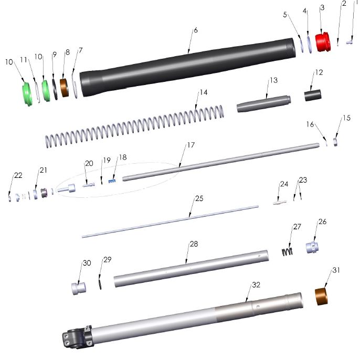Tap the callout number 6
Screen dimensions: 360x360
(x=195, y=30)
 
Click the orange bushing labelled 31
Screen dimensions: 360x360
(x=321, y=297)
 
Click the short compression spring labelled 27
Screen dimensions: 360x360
(x=287, y=251)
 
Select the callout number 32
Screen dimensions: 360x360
(x=256, y=285)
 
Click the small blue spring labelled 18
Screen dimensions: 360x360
(x=111, y=181)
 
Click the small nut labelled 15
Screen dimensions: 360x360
(x=334, y=143)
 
